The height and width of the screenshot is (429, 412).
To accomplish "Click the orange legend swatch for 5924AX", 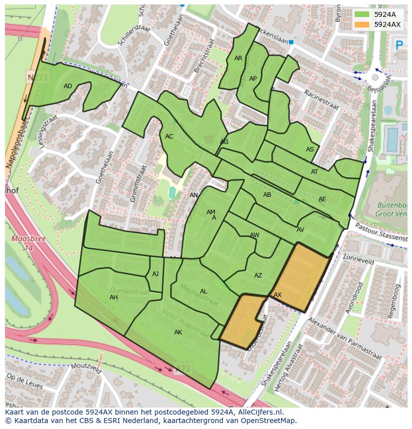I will click(363, 24).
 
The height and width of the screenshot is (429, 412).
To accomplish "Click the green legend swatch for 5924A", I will click(363, 14).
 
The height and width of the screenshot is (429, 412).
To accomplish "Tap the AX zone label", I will click(278, 295).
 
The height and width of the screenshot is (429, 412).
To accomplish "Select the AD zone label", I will click(68, 86).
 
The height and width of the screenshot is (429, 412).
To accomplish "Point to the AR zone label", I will click(238, 58).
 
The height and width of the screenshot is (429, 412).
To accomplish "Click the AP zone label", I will click(253, 79).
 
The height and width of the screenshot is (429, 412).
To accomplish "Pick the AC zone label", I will click(169, 137).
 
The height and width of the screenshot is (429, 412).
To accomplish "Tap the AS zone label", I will click(310, 149).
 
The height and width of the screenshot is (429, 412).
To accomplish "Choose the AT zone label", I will click(314, 172).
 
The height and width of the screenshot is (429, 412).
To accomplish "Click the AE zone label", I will click(322, 199).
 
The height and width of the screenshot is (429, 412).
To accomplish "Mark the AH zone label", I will click(113, 297).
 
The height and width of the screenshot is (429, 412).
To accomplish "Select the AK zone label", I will click(178, 332).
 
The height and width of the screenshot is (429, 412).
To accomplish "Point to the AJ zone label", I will click(155, 274).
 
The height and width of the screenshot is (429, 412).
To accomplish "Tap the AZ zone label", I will click(258, 276).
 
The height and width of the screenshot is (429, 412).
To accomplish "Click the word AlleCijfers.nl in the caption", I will click(259, 412).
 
